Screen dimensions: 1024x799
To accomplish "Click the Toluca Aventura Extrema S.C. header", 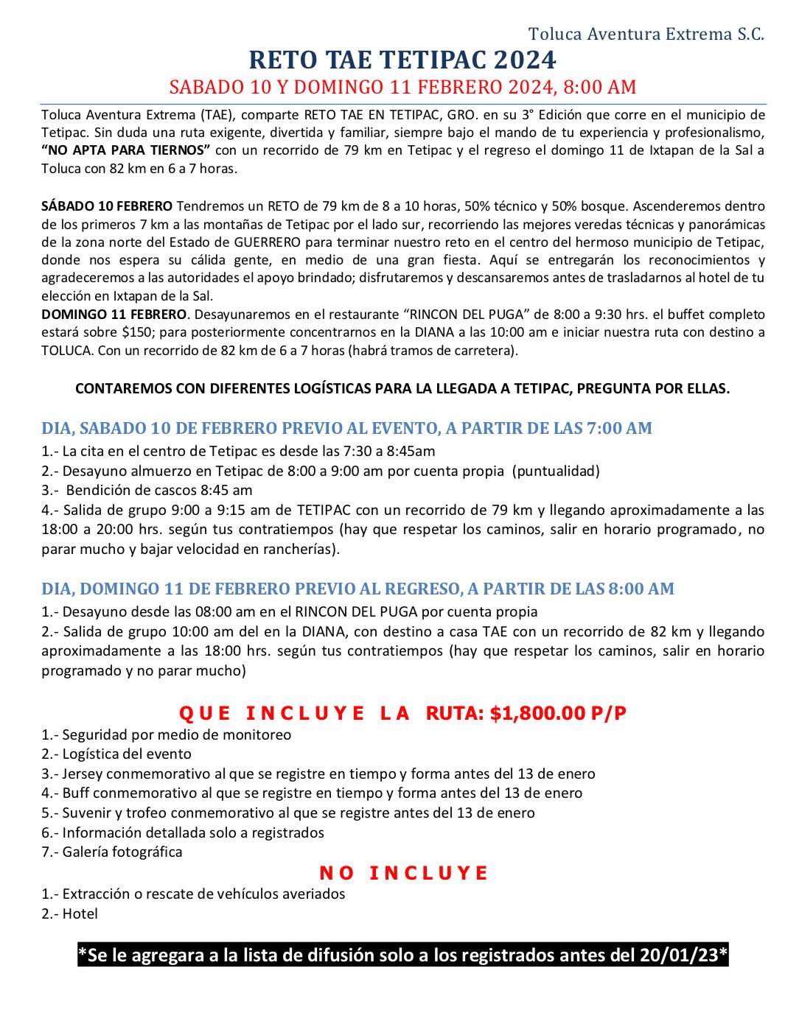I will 646,34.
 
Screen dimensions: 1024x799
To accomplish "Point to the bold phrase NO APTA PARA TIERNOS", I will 126,150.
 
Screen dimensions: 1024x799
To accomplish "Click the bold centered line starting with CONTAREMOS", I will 402,388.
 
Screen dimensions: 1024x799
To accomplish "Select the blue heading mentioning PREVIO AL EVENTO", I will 346,428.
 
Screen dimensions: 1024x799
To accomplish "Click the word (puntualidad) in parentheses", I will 556,471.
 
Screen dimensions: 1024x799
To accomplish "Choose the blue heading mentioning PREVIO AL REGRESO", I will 357,589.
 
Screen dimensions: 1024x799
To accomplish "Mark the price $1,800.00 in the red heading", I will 537,713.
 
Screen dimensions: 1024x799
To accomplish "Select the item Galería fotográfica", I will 122,852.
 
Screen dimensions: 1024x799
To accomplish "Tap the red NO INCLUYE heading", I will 403,873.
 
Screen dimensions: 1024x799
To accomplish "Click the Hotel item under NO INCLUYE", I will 80,913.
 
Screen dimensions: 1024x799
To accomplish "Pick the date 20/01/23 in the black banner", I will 678,955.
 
